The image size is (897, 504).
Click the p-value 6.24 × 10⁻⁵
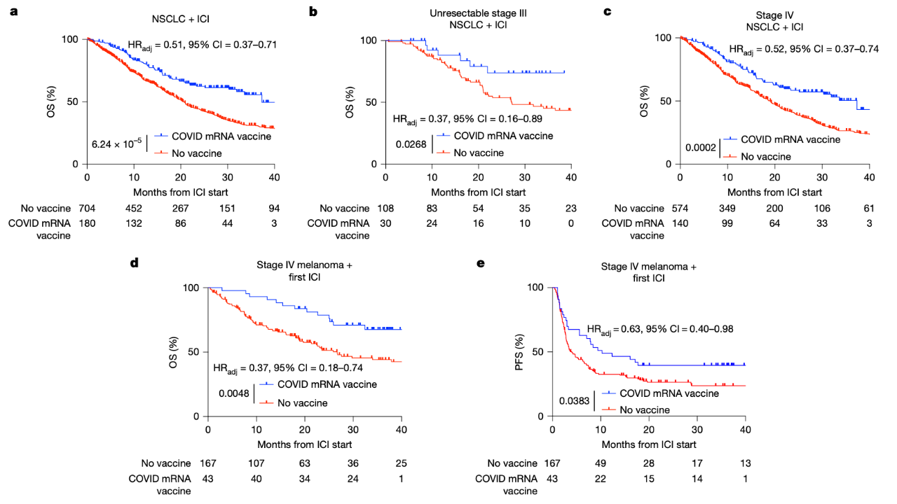(x=117, y=143)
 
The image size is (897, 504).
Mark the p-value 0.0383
(x=574, y=402)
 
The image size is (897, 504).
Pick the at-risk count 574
(x=680, y=208)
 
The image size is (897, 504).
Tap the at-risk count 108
(x=385, y=208)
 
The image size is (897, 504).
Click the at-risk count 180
(x=86, y=223)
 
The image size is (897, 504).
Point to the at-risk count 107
(x=256, y=463)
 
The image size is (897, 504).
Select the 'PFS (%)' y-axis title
(x=519, y=351)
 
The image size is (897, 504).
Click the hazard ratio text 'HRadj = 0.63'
(x=610, y=328)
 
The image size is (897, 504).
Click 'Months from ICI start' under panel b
(x=479, y=192)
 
